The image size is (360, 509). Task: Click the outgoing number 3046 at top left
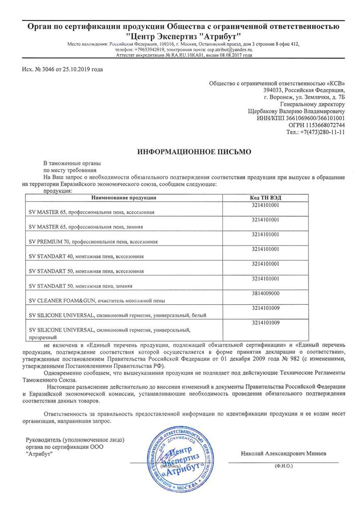(x=47, y=69)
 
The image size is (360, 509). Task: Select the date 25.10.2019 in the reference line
(x=76, y=69)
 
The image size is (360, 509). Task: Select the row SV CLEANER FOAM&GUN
(x=96, y=301)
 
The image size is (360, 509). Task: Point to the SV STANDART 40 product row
(x=87, y=256)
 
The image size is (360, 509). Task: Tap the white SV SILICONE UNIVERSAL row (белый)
(x=117, y=315)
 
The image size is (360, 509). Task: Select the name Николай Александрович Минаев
(x=283, y=454)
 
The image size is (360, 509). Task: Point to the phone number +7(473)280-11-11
(x=323, y=133)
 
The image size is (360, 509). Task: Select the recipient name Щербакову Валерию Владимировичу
(x=296, y=112)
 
